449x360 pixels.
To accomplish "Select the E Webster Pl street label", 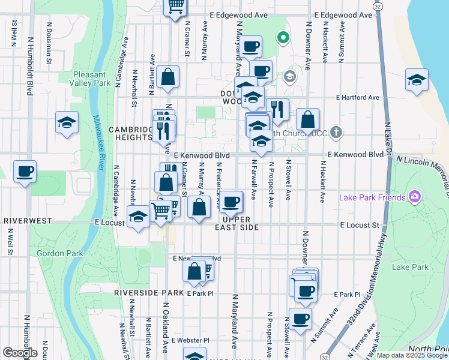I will point(190,340).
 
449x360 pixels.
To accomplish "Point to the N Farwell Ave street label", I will point(254,179).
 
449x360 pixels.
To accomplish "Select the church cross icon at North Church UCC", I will point(336,132).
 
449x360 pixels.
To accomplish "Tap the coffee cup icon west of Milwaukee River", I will point(25,172).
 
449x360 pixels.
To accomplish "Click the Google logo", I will point(20,352).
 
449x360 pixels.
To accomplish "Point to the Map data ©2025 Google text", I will point(411,355).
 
